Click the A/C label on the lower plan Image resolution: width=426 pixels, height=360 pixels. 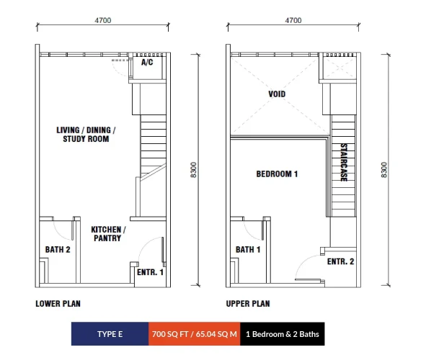point(147,63)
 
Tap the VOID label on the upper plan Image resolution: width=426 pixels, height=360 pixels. point(277,94)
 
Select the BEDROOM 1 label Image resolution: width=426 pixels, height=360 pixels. point(277,174)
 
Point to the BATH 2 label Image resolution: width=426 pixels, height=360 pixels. point(58,250)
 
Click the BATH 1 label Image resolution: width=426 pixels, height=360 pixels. point(248,250)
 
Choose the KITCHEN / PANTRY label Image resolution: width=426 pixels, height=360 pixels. point(108,234)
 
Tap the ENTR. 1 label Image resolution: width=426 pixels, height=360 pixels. point(150,272)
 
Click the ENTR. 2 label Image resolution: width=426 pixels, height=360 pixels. point(340,261)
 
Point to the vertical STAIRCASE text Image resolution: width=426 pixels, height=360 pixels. point(344,162)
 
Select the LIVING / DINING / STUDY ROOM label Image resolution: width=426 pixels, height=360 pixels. point(86,135)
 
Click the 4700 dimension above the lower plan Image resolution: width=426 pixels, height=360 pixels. point(102,20)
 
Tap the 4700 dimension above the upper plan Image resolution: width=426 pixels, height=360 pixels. point(293,20)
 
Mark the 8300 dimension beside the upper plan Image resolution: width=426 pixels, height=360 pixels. point(384,170)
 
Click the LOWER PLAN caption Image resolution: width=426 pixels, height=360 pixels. point(58,304)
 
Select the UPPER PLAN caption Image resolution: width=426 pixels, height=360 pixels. point(248,304)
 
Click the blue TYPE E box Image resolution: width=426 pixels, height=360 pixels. point(110,334)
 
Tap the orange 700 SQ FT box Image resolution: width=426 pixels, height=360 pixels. point(194,334)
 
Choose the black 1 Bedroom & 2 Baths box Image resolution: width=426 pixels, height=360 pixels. point(283,334)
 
